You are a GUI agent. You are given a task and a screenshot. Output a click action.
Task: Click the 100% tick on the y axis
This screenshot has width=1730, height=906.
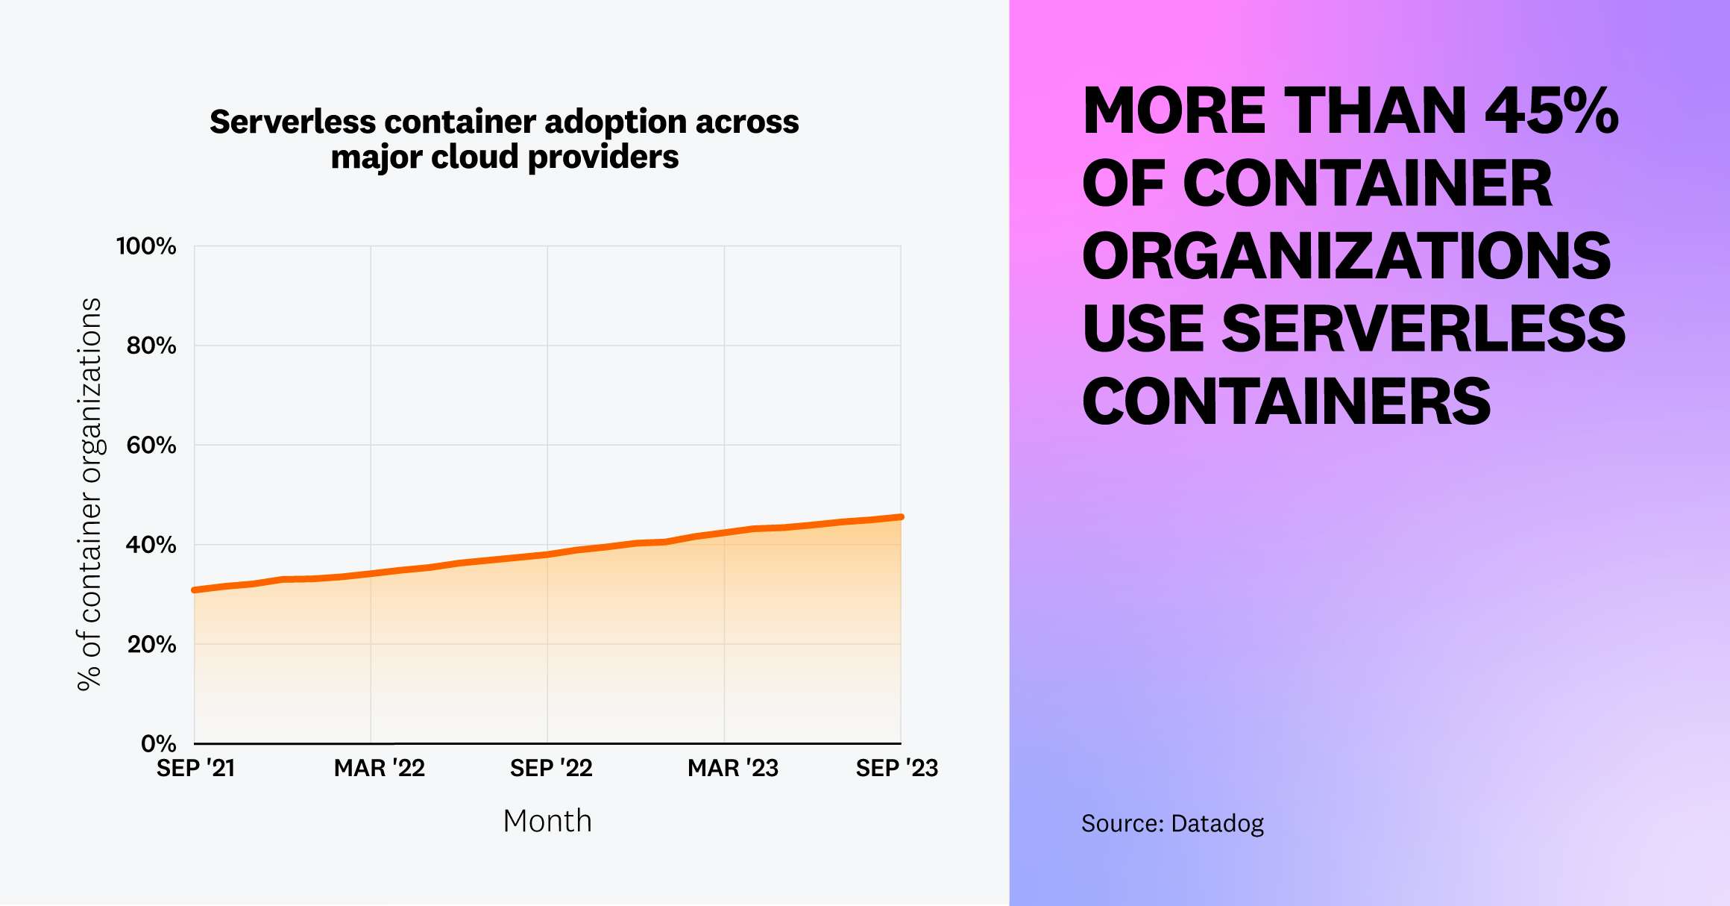click(146, 246)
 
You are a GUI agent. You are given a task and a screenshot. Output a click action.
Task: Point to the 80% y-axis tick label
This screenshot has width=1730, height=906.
click(151, 346)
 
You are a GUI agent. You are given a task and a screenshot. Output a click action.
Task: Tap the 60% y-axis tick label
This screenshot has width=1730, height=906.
click(151, 446)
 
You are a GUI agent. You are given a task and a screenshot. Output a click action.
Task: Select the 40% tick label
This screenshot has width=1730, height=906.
click(151, 545)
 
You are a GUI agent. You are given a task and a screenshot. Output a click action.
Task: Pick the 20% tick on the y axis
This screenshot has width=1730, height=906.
click(151, 644)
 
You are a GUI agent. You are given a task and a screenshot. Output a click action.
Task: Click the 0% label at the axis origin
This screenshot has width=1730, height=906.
click(158, 743)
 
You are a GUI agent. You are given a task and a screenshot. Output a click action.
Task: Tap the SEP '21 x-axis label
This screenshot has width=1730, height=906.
click(195, 768)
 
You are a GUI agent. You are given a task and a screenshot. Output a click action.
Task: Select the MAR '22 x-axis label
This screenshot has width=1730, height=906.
click(379, 768)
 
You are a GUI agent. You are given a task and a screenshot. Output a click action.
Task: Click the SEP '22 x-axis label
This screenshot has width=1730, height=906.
click(551, 768)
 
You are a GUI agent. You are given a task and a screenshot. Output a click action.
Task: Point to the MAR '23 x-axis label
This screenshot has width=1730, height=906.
click(732, 768)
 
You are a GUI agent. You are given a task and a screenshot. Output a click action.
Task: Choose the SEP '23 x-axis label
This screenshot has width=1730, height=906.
click(896, 768)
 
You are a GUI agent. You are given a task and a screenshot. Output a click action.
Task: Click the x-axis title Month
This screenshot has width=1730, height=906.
click(547, 821)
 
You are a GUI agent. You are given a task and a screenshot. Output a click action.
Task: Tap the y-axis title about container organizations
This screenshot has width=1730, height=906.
click(89, 494)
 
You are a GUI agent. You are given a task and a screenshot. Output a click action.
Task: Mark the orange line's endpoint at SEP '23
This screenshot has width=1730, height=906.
click(901, 516)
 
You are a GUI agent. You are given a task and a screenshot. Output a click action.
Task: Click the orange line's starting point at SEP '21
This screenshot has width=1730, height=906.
click(195, 590)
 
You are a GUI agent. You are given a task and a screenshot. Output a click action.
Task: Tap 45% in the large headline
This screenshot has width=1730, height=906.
click(1551, 112)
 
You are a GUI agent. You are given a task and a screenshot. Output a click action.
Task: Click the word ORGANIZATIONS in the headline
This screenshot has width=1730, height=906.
click(1346, 256)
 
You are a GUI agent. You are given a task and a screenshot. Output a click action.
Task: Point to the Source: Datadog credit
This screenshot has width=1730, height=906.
click(1172, 823)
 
